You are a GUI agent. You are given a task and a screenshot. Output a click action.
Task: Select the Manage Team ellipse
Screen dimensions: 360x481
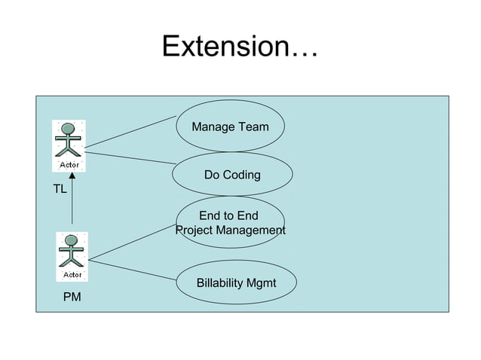(x=230, y=127)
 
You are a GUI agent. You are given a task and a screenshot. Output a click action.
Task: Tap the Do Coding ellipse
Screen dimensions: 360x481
(x=232, y=175)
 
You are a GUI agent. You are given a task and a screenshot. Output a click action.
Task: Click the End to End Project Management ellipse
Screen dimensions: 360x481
(x=230, y=223)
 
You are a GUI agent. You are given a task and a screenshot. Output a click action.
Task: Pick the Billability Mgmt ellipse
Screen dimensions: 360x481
(x=236, y=283)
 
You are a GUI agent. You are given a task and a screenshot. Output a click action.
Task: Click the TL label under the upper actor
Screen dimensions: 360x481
(x=60, y=189)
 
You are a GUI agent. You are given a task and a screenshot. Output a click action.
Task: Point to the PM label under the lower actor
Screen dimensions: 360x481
(x=72, y=298)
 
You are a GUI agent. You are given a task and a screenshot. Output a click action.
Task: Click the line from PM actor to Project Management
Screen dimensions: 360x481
(x=132, y=242)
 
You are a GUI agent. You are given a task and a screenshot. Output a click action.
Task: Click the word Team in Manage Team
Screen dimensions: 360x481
(x=253, y=127)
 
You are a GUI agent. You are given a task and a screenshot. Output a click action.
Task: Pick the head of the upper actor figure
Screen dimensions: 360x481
(x=69, y=127)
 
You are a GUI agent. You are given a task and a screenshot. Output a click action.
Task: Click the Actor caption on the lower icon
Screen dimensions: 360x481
(x=72, y=273)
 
